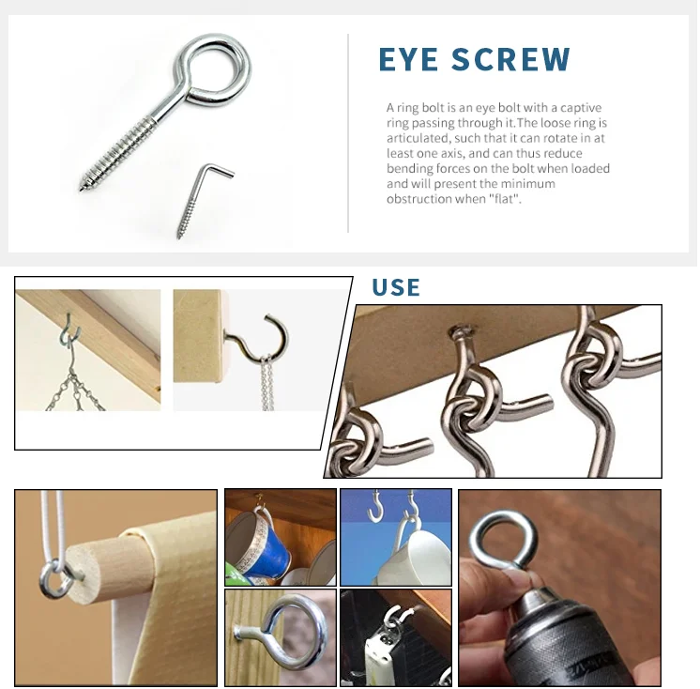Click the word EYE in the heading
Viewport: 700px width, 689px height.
click(409, 59)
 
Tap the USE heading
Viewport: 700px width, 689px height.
click(396, 287)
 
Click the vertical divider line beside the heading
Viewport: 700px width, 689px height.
click(348, 132)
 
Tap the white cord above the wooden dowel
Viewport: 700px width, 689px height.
click(56, 526)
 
